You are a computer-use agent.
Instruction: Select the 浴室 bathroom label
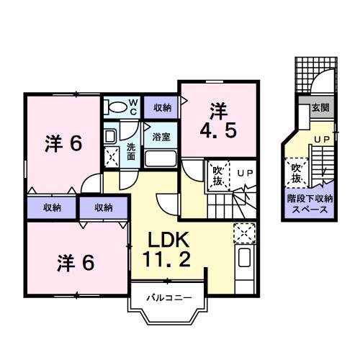[x=161, y=135]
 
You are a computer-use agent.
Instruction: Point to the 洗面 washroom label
[x=131, y=150]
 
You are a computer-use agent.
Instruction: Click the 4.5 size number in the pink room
[x=218, y=132]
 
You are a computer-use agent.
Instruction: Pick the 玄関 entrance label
[x=320, y=107]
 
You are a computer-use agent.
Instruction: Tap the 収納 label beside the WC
[x=162, y=107]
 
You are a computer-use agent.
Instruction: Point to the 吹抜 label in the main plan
[x=216, y=174]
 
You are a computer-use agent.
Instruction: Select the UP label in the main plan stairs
[x=245, y=173]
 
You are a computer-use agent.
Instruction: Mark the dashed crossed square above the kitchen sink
[x=243, y=233]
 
